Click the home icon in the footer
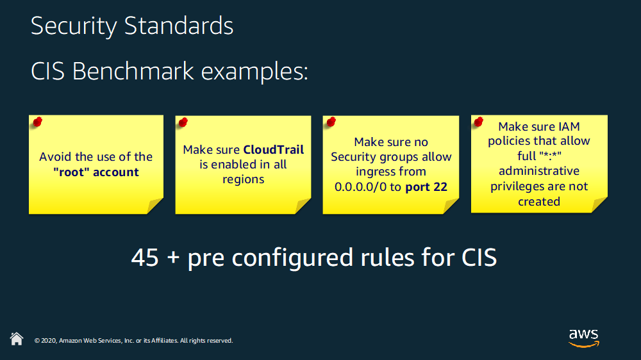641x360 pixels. tap(17, 339)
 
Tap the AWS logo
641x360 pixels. tap(584, 338)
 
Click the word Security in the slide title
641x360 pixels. tap(74, 26)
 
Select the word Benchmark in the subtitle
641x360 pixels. tap(133, 71)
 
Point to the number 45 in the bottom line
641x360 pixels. tap(145, 258)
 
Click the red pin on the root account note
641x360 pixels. tap(38, 121)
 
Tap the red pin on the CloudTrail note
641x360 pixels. tap(183, 122)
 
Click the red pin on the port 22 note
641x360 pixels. tap(331, 121)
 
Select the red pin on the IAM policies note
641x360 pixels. tap(479, 121)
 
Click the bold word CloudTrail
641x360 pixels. tap(274, 149)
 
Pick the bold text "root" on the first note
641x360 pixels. tap(71, 172)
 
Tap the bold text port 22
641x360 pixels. tap(426, 187)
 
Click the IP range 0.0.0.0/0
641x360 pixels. tap(360, 187)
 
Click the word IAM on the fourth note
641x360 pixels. tap(569, 127)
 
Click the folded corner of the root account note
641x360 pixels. tap(155, 206)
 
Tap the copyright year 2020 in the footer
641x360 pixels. tap(49, 340)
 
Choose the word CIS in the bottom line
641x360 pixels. tap(479, 258)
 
